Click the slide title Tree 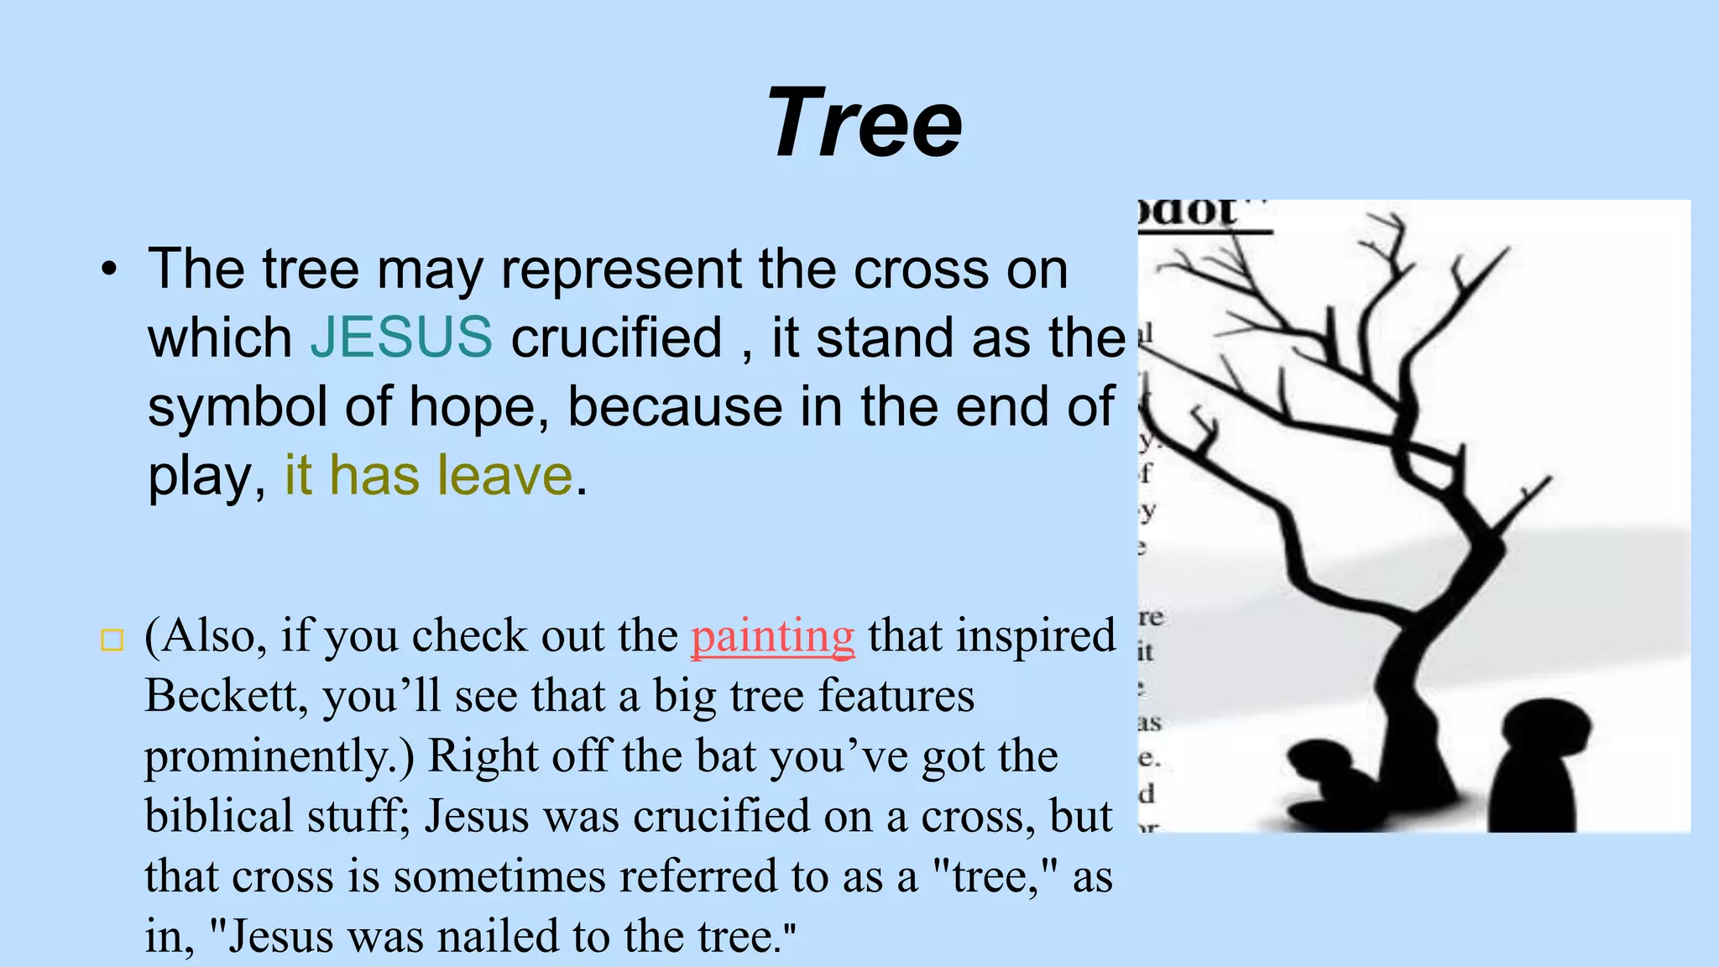click(864, 123)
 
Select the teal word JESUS click(401, 337)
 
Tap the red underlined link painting click(772, 636)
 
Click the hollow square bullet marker click(112, 640)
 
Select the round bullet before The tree click(109, 270)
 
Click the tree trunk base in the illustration click(1419, 755)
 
